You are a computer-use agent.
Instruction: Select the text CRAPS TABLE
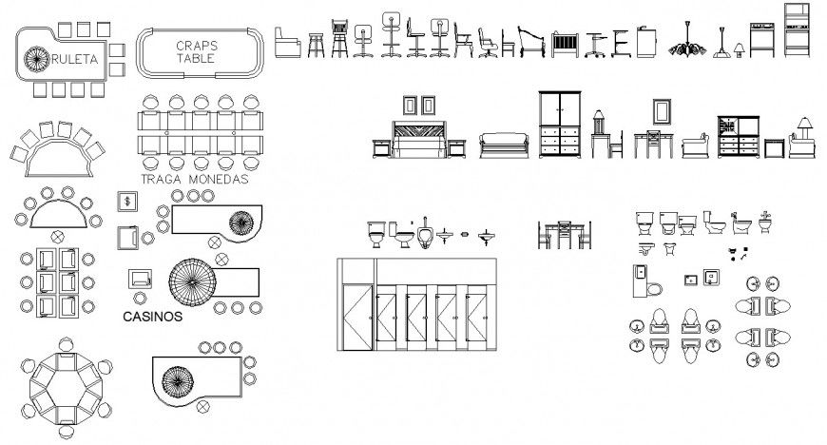click(196, 51)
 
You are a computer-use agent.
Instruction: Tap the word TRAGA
click(163, 179)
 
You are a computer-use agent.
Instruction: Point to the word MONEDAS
click(218, 179)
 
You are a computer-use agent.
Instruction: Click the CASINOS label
click(152, 319)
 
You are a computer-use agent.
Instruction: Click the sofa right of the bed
click(505, 145)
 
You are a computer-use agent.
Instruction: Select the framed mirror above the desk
click(661, 112)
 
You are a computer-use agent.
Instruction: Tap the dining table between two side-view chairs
click(565, 235)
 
